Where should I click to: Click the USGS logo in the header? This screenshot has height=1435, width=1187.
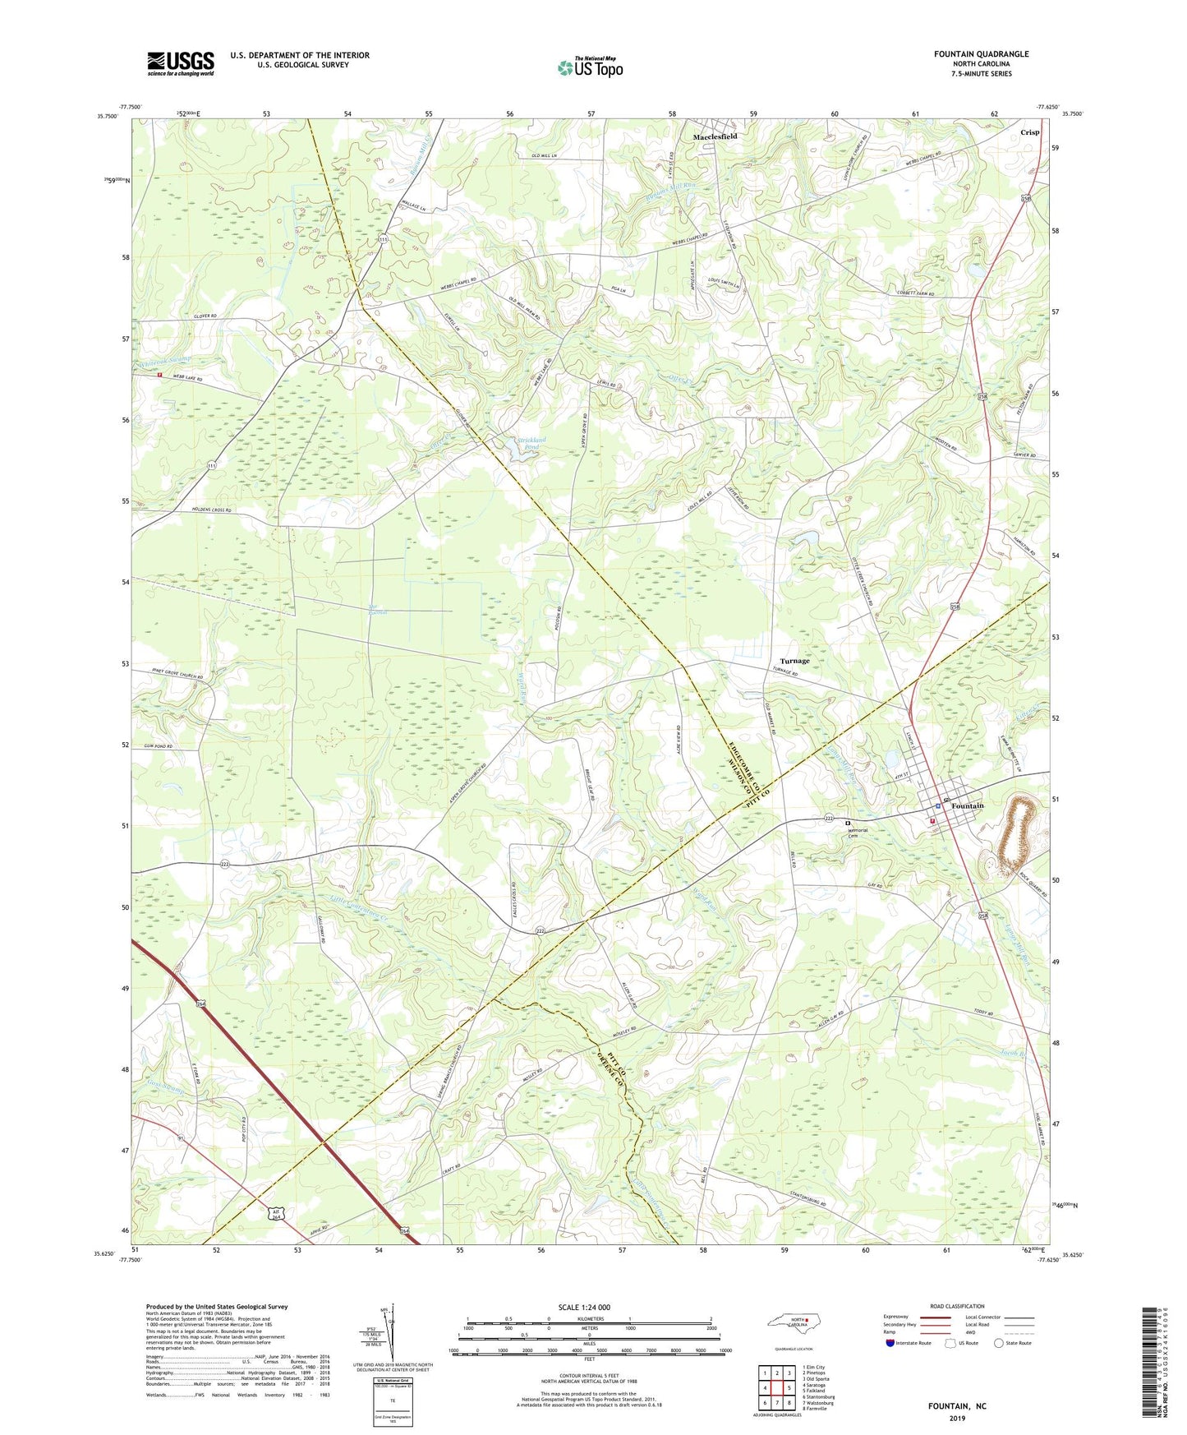click(181, 63)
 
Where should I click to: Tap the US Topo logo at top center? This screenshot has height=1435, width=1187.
click(590, 67)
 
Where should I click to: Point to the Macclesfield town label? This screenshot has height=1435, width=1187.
click(715, 136)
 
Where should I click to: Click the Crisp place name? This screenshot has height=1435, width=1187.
click(1029, 132)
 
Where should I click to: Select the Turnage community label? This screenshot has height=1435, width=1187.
click(794, 661)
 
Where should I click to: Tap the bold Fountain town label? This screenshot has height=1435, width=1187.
click(967, 805)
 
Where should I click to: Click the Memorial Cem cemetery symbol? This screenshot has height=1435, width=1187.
click(847, 822)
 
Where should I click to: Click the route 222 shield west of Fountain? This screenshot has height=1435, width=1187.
click(830, 819)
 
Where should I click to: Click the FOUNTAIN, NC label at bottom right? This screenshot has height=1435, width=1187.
click(957, 1406)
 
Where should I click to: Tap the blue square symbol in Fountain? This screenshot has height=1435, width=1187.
click(938, 807)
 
